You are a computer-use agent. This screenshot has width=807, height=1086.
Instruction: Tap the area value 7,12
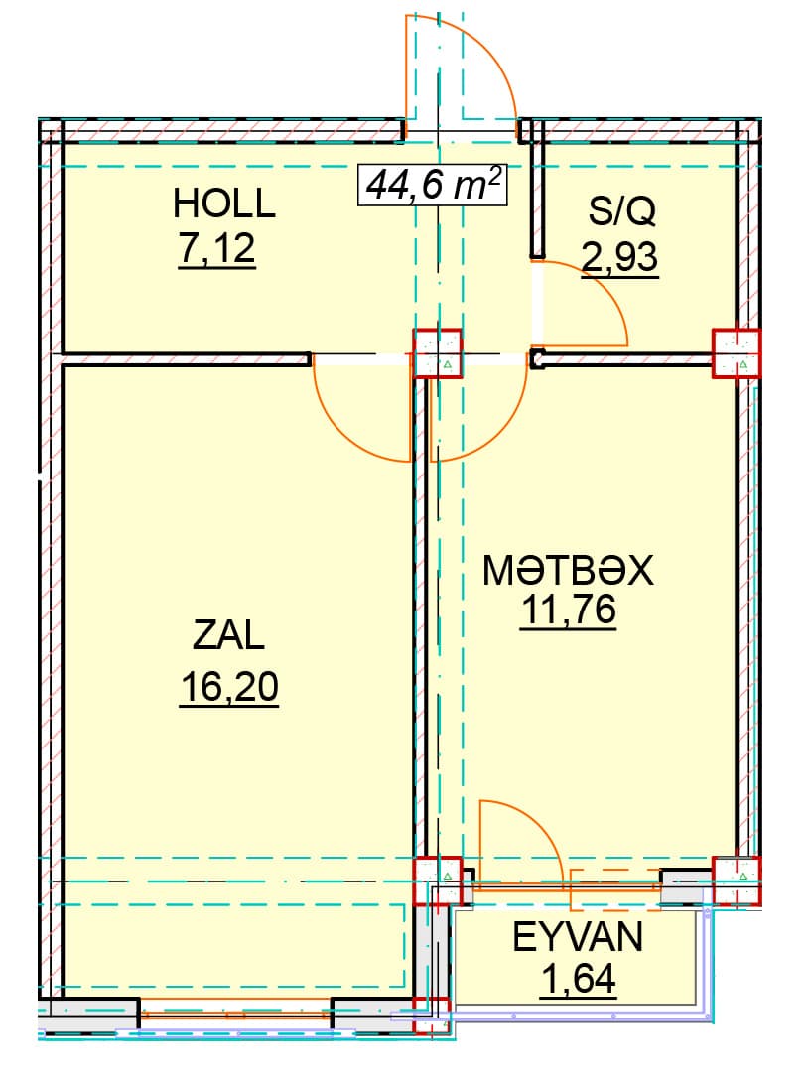click(x=217, y=249)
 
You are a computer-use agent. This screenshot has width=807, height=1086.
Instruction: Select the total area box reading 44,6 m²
click(x=432, y=185)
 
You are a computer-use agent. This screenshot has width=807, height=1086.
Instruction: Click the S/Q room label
click(x=621, y=211)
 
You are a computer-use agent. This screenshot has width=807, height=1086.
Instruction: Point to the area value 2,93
click(x=620, y=258)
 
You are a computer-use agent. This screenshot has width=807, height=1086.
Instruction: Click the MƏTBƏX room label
click(x=568, y=571)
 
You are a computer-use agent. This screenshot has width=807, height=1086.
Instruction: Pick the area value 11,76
click(x=568, y=611)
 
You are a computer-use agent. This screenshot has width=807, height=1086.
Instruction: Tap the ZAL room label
click(x=228, y=634)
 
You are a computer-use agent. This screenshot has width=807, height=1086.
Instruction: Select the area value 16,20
click(x=229, y=687)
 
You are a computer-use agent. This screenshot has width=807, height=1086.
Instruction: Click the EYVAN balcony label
click(x=578, y=937)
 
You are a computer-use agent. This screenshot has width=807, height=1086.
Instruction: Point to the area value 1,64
click(x=579, y=979)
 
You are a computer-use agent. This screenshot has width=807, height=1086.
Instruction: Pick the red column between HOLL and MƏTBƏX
click(x=438, y=353)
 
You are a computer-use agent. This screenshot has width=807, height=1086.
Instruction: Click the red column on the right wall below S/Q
click(x=738, y=353)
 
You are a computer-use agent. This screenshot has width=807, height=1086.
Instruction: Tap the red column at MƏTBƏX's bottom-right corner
click(x=738, y=881)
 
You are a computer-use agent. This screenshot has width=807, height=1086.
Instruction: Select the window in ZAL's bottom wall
click(x=235, y=1015)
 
